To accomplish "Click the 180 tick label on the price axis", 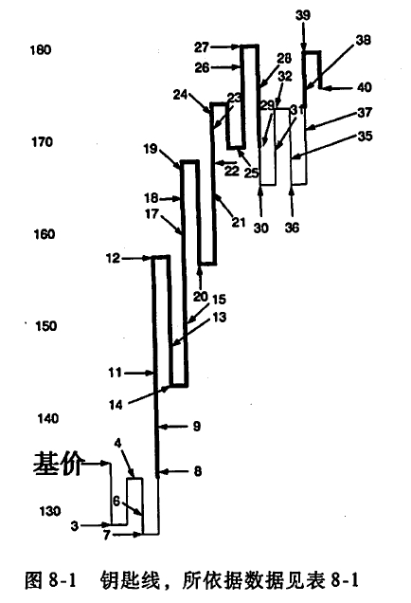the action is tap(41, 50).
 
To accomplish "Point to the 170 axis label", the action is tap(42, 142).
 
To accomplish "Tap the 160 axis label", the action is tap(45, 234).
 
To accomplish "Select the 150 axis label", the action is tap(45, 326).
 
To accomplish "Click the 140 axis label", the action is tap(47, 418).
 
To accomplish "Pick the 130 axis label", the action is tap(50, 511).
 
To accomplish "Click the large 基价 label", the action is tap(57, 465).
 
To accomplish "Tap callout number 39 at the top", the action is tap(303, 15).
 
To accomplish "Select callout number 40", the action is tap(365, 87).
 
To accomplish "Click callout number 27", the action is tap(202, 47).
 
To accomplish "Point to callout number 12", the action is tap(113, 258).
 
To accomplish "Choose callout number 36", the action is tap(292, 228).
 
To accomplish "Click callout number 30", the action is tap(260, 228).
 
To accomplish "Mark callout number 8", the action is tap(197, 471).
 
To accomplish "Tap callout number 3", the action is tap(75, 525).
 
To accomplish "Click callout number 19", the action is tap(151, 149).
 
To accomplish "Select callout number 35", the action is tap(365, 137).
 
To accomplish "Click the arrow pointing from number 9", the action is tap(174, 426).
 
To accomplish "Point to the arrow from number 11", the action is tap(139, 373).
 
